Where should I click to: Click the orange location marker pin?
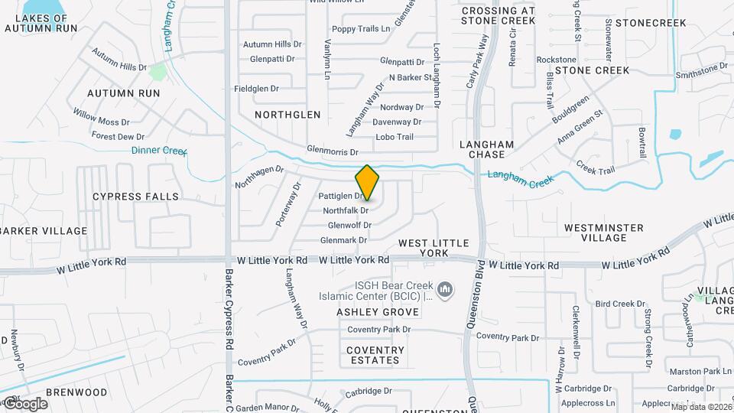[x=367, y=182]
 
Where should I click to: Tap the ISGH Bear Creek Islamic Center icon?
[x=447, y=289]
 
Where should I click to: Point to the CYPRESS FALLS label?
[x=135, y=197]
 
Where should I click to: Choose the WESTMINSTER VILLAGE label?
[x=603, y=233]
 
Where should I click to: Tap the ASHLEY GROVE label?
[x=378, y=312]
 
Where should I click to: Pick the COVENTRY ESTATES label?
[x=374, y=355]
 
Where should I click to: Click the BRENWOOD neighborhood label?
[x=76, y=392]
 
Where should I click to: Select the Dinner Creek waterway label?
[x=159, y=151]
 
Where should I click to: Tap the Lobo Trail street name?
[x=395, y=137]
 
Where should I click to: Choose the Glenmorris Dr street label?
[x=332, y=151]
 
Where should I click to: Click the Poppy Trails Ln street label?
[x=361, y=29]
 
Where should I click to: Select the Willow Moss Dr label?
[x=102, y=117]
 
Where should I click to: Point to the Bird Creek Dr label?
[x=620, y=304]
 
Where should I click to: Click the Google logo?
[x=24, y=403]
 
